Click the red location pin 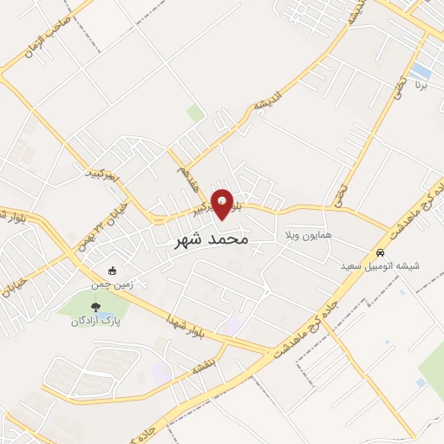(x=223, y=204)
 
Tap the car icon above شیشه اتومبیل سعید (x=379, y=252)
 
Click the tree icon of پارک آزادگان (x=95, y=306)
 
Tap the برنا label (x=421, y=86)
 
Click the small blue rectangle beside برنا (x=421, y=69)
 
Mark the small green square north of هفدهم (x=195, y=114)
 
